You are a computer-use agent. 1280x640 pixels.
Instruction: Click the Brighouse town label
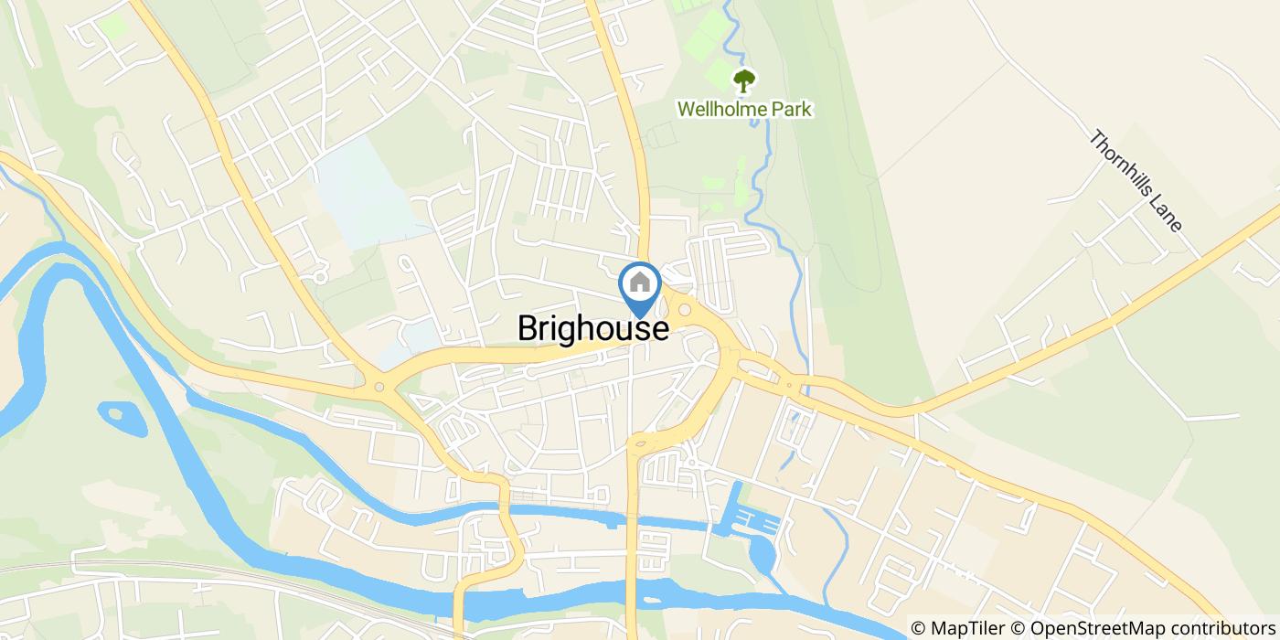point(592,328)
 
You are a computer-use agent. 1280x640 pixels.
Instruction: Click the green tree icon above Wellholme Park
point(744,80)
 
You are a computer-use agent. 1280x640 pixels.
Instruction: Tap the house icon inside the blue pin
point(640,281)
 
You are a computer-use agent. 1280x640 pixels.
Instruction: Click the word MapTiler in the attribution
point(966,628)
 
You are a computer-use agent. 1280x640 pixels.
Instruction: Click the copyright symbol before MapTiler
point(918,628)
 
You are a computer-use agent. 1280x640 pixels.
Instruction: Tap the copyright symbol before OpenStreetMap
point(1019,628)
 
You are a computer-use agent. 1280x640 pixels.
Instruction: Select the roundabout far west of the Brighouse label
point(379,388)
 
